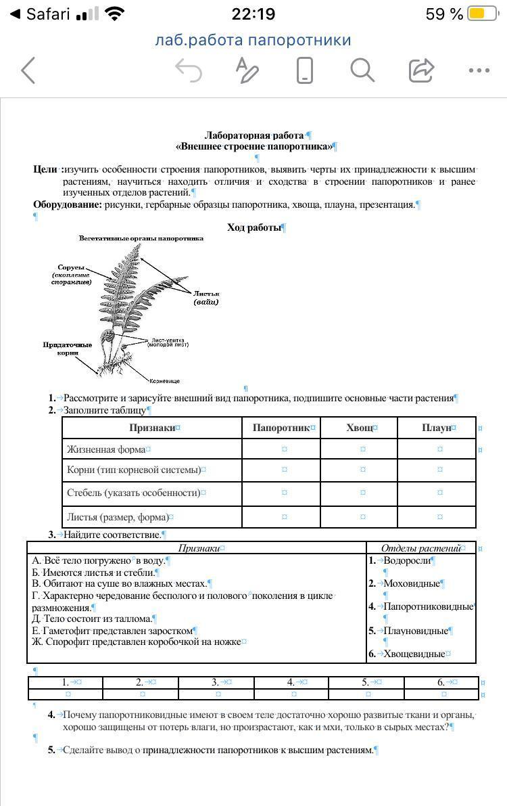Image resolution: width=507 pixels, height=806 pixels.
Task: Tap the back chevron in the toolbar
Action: point(28,70)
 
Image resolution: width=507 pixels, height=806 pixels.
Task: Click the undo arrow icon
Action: point(188,70)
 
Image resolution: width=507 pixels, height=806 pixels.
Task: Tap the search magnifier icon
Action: point(362,70)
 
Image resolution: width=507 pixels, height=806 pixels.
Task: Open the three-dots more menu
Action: point(479,70)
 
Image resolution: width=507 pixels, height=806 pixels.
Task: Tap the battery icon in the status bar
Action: point(482,14)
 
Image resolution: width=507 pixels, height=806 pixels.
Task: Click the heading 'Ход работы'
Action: point(254,227)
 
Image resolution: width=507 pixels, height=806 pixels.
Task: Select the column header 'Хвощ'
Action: point(360,428)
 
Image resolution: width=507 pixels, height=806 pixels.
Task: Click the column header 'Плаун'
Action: point(437,428)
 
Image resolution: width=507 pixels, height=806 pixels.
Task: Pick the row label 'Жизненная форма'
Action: point(106,449)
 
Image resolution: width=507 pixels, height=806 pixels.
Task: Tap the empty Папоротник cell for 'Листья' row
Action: point(285,517)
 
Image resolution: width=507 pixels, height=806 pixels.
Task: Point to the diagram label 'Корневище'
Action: point(164,381)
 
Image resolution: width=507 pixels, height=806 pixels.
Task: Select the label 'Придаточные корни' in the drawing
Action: point(68,349)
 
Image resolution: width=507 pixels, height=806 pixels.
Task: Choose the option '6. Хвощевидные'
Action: point(410,654)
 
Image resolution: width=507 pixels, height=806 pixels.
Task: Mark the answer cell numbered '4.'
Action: point(293,682)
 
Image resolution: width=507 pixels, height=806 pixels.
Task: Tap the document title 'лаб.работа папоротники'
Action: point(253,40)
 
